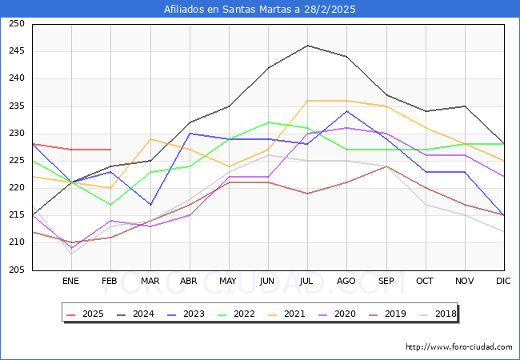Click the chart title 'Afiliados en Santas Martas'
(260, 10)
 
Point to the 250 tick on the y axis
(14, 24)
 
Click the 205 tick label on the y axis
(14, 270)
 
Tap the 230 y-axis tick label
(14, 134)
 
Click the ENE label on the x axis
(70, 281)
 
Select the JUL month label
(306, 281)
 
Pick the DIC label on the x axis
(503, 281)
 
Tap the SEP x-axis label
(386, 281)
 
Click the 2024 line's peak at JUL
(307, 46)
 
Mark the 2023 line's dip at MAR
(150, 205)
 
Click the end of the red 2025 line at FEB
(110, 150)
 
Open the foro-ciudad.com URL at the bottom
(458, 347)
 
